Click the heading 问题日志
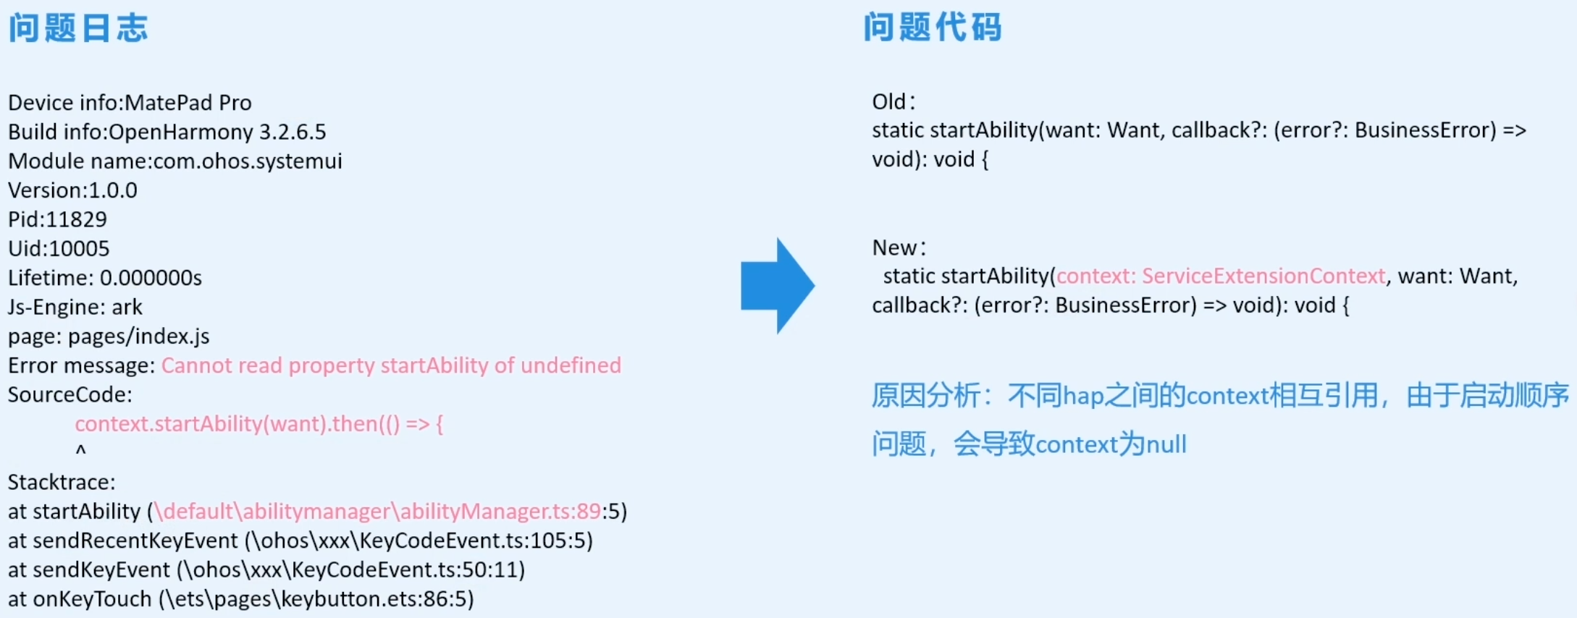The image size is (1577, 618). click(x=78, y=28)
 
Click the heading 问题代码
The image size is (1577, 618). click(x=933, y=28)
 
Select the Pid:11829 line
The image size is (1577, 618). click(x=57, y=219)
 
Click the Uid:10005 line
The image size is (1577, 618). click(x=59, y=248)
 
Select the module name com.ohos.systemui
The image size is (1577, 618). click(x=248, y=161)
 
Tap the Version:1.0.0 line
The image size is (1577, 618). click(x=72, y=190)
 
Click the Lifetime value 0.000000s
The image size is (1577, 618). click(x=151, y=278)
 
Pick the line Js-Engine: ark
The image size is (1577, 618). click(x=75, y=307)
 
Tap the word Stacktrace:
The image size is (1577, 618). click(x=62, y=482)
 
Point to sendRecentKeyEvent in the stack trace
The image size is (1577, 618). click(x=135, y=541)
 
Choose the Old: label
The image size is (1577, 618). click(x=893, y=101)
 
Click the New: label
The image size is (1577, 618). click(x=899, y=247)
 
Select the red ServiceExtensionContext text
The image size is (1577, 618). click(x=1263, y=276)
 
